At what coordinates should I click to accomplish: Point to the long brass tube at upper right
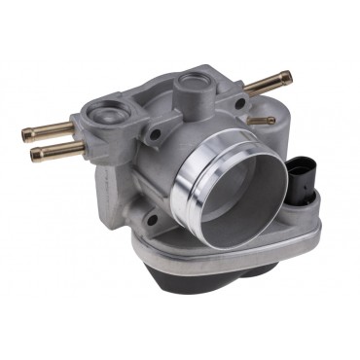point(267,84)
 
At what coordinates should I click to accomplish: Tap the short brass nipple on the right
point(262,121)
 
